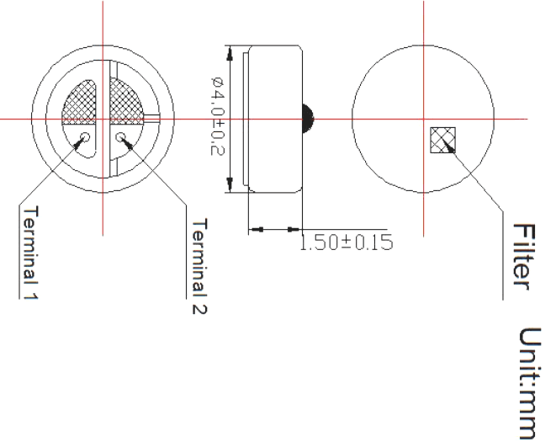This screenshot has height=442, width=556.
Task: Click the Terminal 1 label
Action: click(x=30, y=253)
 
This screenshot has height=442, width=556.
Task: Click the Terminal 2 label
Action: click(x=199, y=266)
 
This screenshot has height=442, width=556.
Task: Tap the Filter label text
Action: click(x=524, y=257)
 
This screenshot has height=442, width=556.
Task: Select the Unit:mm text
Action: click(x=530, y=383)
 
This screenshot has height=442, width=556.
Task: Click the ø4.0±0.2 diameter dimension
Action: click(x=217, y=116)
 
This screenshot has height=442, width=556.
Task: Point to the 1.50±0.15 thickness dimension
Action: click(x=347, y=242)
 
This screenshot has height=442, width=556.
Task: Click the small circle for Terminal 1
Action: click(x=86, y=136)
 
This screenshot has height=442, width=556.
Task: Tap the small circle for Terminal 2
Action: click(x=121, y=136)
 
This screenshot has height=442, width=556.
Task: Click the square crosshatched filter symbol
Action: click(x=442, y=140)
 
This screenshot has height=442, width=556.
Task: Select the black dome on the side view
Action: click(x=308, y=119)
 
